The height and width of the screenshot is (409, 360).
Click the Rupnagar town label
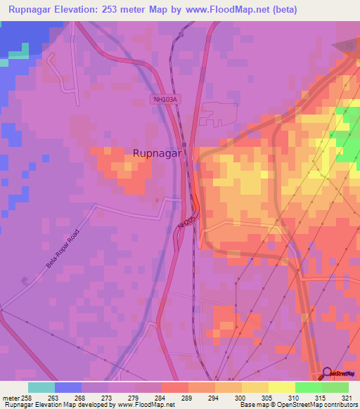[x=158, y=152]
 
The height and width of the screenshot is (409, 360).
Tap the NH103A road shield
[x=165, y=100]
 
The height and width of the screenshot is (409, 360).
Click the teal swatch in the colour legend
[x=41, y=387]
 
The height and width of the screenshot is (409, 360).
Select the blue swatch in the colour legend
[x=68, y=387]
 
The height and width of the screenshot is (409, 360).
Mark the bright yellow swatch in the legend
[x=282, y=387]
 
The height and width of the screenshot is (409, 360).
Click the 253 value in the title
[x=129, y=10]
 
